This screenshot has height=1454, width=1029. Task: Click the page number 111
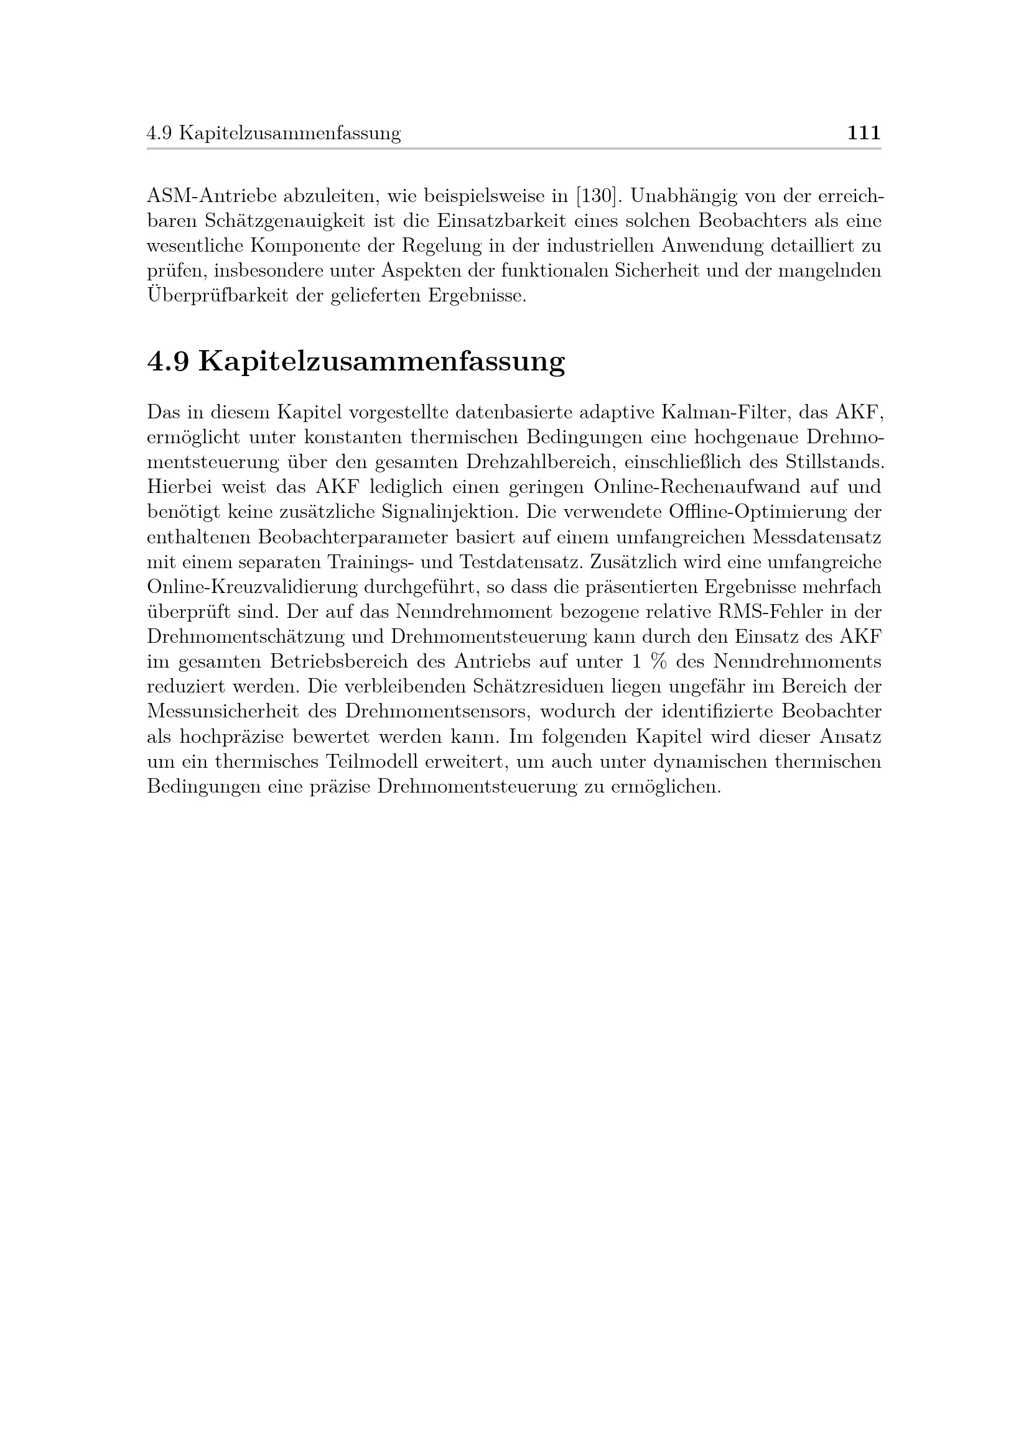[864, 133]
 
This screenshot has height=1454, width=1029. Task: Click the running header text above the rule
[274, 134]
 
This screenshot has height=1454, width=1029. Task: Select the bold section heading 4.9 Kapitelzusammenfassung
[355, 362]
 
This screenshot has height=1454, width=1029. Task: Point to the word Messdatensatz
[817, 537]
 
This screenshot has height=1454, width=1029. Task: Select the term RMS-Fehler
[770, 612]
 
